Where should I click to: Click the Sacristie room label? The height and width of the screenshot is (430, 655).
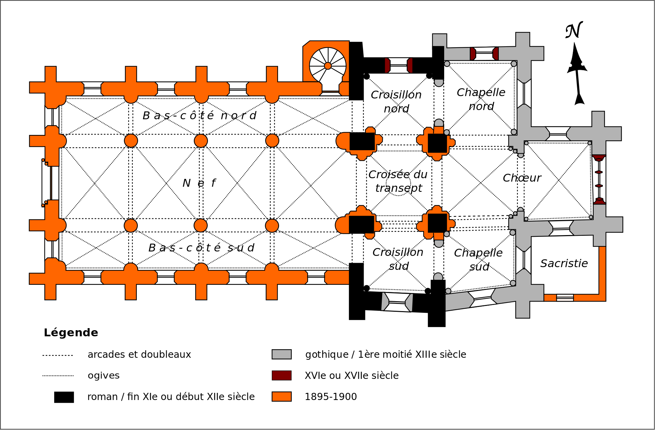point(564,263)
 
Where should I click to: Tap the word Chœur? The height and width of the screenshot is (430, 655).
point(522,178)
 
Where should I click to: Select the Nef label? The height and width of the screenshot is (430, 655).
point(199,183)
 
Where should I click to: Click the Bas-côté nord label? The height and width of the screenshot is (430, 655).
point(199,116)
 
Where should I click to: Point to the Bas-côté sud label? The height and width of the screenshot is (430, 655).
point(201,248)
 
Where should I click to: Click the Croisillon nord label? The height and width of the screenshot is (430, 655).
point(396,102)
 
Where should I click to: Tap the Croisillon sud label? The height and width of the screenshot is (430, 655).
point(398,259)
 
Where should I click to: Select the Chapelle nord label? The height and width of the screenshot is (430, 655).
point(481,99)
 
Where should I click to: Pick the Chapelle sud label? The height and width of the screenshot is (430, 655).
point(478,260)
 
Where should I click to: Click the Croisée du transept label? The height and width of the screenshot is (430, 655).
point(398,181)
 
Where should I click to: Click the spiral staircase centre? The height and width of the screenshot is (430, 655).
point(328,66)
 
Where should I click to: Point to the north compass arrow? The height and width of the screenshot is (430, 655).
point(577,73)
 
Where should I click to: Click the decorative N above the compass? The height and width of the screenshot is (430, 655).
point(574,31)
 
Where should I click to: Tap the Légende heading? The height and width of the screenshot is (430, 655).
point(71,333)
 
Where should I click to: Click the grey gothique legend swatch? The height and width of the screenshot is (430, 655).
point(281,354)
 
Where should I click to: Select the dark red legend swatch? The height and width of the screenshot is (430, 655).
point(281,375)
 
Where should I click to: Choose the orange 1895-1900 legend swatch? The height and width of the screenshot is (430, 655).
point(281,397)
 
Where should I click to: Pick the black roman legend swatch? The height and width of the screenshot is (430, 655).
point(64,397)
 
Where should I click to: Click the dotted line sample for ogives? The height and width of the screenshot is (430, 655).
point(58,376)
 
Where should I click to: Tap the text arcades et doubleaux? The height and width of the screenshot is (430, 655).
point(139,355)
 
